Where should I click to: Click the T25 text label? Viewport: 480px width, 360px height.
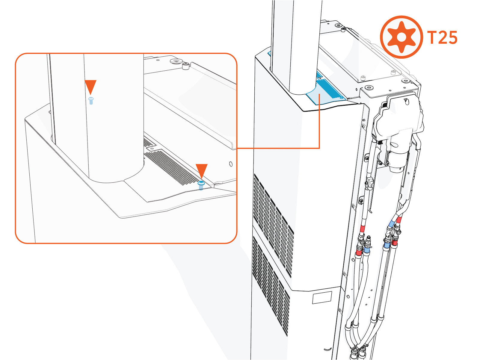442,38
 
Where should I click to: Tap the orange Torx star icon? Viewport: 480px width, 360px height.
401,37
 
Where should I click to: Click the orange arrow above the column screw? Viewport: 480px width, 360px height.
90,87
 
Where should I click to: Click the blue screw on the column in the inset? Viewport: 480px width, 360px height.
91,100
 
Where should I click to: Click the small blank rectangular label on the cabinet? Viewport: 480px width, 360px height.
322,298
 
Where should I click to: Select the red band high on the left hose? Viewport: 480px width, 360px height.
363,229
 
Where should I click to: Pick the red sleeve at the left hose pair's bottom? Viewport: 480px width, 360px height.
358,255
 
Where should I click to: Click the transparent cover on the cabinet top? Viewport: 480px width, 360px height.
360,54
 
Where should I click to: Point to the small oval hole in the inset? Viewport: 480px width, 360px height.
230,164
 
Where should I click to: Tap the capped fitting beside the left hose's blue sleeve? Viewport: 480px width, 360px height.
368,240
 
